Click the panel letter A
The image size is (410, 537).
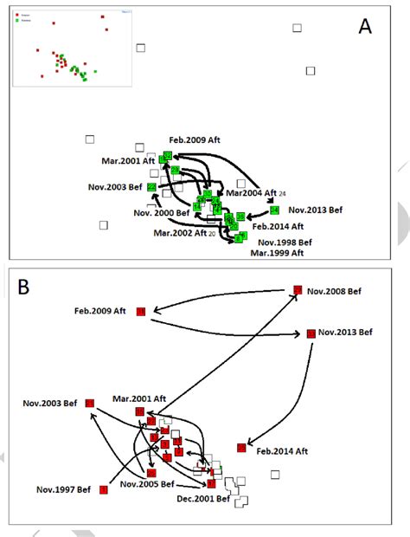point(366,27)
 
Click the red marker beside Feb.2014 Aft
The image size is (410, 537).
point(241,447)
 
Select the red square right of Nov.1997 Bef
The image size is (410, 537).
point(104,490)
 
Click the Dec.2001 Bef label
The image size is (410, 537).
point(202,499)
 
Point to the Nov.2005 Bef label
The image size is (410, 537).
point(149,483)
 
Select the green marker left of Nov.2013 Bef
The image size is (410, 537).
point(273,210)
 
